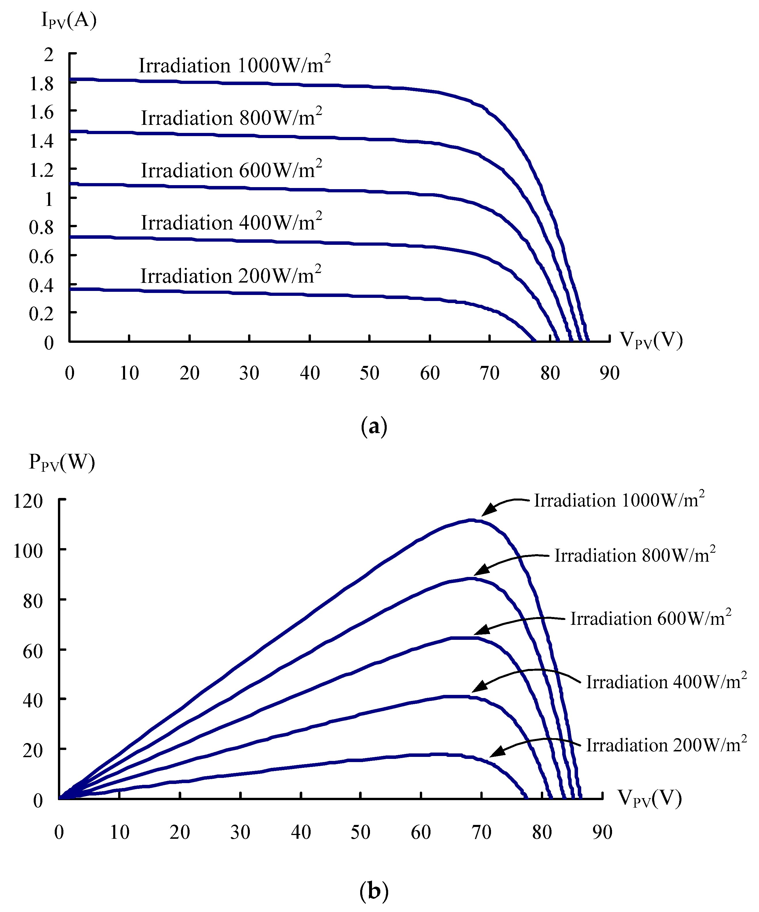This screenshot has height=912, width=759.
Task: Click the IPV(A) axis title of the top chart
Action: click(69, 20)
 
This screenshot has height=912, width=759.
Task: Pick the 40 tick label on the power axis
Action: click(33, 700)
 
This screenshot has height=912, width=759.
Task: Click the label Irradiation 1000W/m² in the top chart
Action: click(234, 65)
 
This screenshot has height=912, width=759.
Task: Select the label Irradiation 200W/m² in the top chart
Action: click(231, 276)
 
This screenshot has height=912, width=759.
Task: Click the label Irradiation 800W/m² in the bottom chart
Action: click(635, 555)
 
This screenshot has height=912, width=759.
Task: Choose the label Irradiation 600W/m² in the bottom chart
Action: click(650, 618)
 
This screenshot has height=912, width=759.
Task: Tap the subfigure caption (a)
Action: click(374, 426)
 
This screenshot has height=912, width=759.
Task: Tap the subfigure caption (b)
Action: click(374, 891)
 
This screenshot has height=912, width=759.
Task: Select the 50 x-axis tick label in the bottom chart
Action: click(360, 832)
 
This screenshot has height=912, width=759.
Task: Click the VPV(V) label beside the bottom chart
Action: click(649, 798)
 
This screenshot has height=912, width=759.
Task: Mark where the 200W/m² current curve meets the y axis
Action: click(70, 289)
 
